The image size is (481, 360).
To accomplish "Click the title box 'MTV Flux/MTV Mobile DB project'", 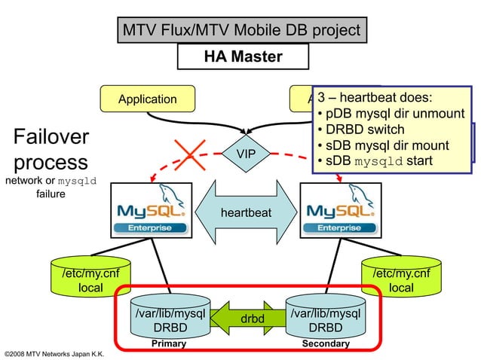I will pos(242,31).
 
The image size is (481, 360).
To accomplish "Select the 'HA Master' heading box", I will pos(243,56).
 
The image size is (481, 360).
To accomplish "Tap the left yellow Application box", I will pos(148,99).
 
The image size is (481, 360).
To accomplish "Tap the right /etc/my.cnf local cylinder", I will pos(400,279).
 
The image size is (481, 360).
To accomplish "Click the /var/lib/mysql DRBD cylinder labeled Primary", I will pos(169,319).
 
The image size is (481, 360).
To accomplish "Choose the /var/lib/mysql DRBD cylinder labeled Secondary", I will pos(326,319).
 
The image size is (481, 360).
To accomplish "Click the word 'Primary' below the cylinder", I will pos(169,343).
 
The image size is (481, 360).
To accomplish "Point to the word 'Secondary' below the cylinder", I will pos(326,343).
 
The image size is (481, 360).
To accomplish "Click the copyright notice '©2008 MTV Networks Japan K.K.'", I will pos(54,353).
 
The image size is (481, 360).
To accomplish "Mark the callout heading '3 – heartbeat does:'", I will pos(375,98).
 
